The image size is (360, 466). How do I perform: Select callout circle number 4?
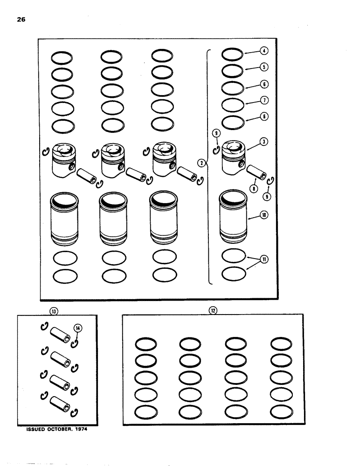point(263,51)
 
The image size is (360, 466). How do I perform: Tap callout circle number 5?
point(263,67)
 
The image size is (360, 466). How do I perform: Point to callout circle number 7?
point(263,100)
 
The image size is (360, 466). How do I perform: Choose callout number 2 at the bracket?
point(201,163)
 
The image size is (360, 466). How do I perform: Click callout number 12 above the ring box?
point(213,310)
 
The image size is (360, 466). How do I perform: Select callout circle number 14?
point(77,328)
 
